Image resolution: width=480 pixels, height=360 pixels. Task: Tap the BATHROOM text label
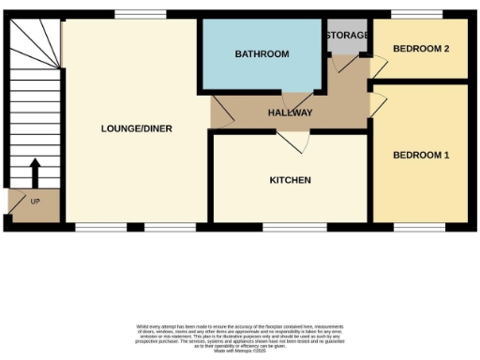[262, 54]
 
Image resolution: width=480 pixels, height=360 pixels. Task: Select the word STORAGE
[346, 35]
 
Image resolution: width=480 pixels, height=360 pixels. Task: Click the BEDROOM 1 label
[421, 155]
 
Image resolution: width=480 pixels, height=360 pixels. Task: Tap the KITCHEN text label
[290, 180]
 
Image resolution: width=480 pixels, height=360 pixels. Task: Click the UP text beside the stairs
[36, 202]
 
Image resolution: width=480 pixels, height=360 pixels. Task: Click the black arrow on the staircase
[35, 173]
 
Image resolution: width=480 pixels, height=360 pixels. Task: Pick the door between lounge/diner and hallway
[220, 114]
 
